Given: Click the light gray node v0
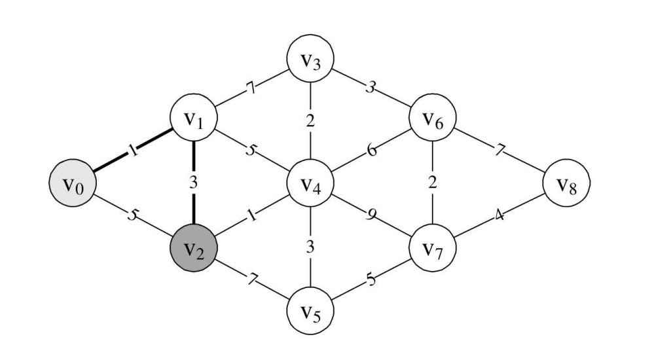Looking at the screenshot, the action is [73, 183].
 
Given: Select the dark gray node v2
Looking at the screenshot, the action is [193, 248].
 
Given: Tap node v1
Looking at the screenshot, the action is [193, 118].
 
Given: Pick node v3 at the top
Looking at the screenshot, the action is [310, 58].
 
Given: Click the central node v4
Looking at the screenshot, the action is [310, 183].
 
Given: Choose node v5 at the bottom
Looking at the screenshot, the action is [310, 311].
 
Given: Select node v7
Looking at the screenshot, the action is [433, 248].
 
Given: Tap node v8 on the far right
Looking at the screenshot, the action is [566, 183].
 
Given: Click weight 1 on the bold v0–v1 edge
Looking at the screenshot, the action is [133, 150].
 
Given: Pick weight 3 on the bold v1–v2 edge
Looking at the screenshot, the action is [193, 183].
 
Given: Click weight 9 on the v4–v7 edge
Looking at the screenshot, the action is [371, 215].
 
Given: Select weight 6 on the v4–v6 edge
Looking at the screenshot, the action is [371, 150].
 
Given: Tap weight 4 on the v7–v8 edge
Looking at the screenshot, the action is [499, 215].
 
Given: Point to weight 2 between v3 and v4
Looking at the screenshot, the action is [310, 121].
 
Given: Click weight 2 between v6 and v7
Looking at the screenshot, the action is [433, 183].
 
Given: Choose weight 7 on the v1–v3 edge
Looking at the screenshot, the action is [251, 88].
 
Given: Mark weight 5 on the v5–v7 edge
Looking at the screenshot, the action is [371, 279].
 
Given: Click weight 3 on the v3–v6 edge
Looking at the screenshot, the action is [371, 88].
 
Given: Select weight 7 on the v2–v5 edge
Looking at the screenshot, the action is [251, 278].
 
